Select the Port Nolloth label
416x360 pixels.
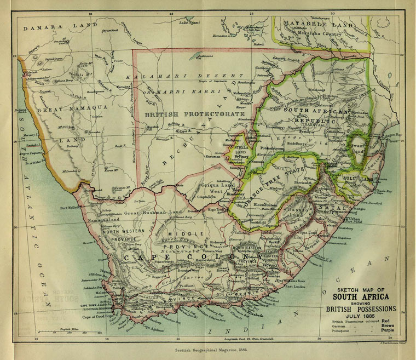71,208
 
